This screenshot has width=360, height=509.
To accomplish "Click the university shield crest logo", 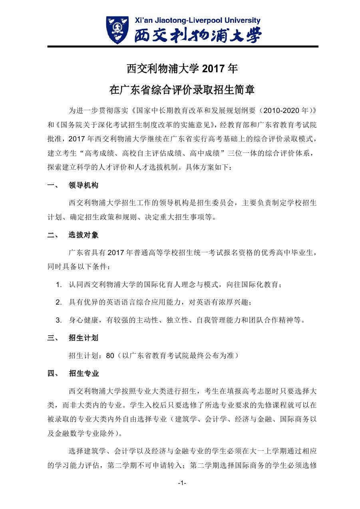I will (x=117, y=30).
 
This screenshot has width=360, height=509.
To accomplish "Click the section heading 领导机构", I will (x=84, y=186).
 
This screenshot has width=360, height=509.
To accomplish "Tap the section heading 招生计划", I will (x=84, y=338).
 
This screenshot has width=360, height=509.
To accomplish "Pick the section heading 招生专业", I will (x=84, y=374).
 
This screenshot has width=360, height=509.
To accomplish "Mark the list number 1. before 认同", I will (x=59, y=285).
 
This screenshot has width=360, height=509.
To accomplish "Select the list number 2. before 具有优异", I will (x=59, y=303).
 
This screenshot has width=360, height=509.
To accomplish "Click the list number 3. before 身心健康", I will (x=59, y=320).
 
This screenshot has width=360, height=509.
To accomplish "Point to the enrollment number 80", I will (x=111, y=356).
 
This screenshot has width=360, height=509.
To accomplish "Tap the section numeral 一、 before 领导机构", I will (x=53, y=186).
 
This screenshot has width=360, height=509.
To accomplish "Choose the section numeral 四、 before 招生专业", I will (x=53, y=374).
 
